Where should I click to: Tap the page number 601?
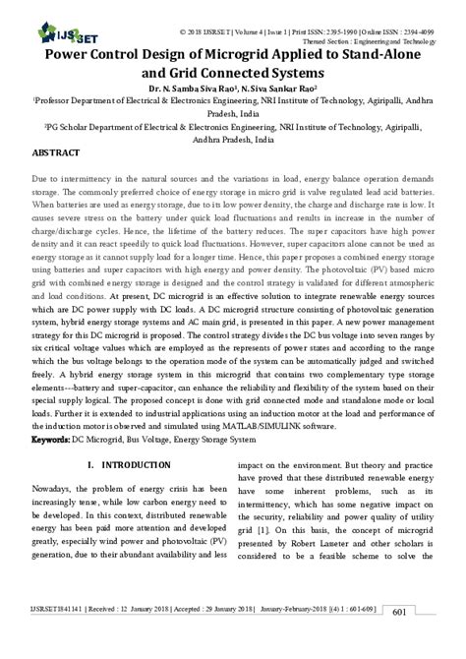point(426,640)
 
